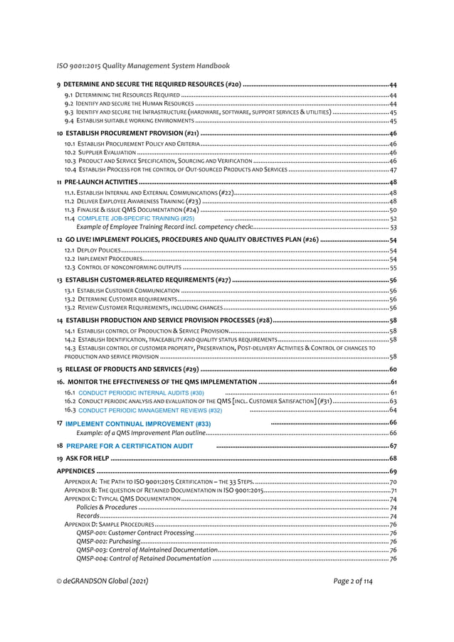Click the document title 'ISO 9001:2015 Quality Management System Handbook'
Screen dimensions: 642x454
[143, 66]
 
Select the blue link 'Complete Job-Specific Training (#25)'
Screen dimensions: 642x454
[136, 219]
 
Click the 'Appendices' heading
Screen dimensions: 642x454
[75, 471]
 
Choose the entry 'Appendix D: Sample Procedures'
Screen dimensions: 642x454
[107, 525]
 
